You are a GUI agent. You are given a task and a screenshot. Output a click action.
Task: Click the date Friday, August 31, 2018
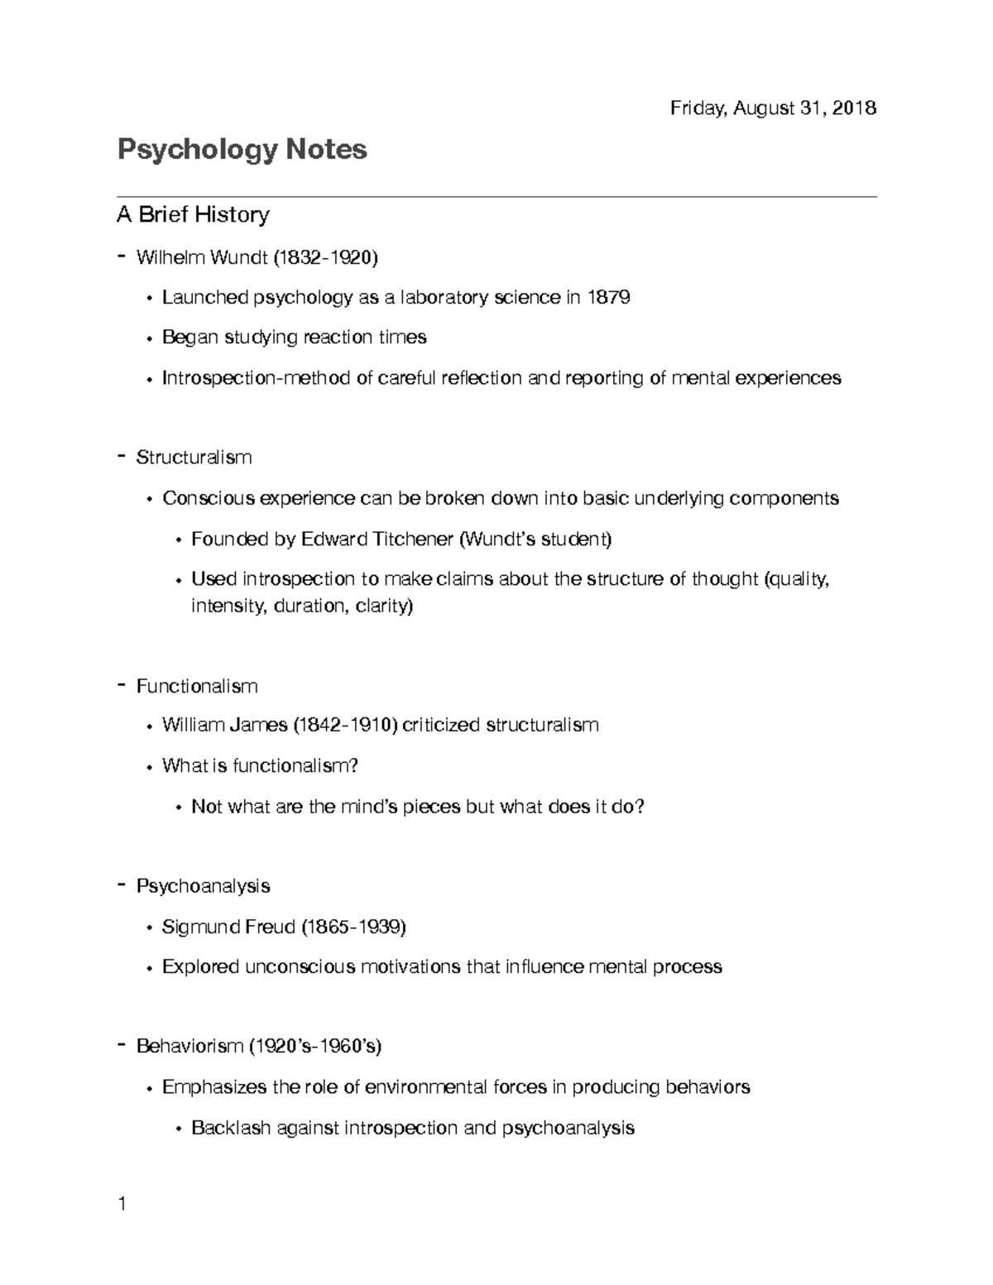(x=773, y=108)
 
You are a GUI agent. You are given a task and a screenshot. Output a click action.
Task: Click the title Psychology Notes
(x=242, y=150)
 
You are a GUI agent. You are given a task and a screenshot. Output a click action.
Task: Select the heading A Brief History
(x=193, y=215)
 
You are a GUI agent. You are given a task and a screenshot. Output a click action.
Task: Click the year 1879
(x=608, y=297)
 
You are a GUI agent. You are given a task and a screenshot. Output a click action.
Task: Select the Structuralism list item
(x=194, y=458)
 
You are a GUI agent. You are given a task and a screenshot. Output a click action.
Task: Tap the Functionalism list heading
(x=197, y=686)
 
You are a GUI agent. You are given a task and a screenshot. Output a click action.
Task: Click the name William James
(x=224, y=726)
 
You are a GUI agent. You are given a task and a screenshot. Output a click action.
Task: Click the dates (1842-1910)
(x=345, y=726)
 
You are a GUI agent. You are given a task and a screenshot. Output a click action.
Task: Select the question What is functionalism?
(x=260, y=766)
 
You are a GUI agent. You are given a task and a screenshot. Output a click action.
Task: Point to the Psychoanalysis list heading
(x=203, y=886)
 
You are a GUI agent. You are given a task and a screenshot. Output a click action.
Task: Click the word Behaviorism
(x=189, y=1047)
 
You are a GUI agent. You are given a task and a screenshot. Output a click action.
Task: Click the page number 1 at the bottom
(x=122, y=1204)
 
